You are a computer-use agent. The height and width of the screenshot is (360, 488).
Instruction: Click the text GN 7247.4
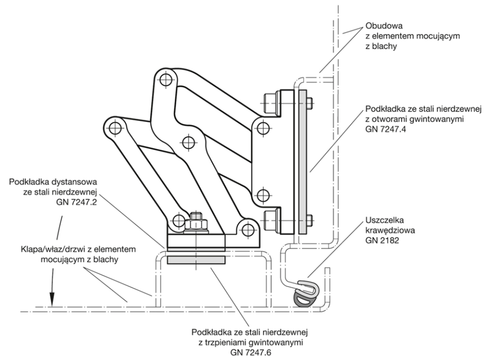(386, 129)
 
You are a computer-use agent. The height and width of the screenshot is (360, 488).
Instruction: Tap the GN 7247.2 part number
(76, 202)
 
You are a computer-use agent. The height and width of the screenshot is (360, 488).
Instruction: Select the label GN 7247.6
(251, 352)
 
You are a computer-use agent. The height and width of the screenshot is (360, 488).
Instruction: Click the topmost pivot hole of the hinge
(166, 80)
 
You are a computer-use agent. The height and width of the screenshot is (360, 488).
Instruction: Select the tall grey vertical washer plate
(303, 162)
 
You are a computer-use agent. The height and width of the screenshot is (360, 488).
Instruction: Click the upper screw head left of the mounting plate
(270, 103)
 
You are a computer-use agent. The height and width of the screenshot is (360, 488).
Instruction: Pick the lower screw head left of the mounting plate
(270, 220)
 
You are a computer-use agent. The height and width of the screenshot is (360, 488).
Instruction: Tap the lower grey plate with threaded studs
(196, 261)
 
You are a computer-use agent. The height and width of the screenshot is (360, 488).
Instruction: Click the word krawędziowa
(390, 230)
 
